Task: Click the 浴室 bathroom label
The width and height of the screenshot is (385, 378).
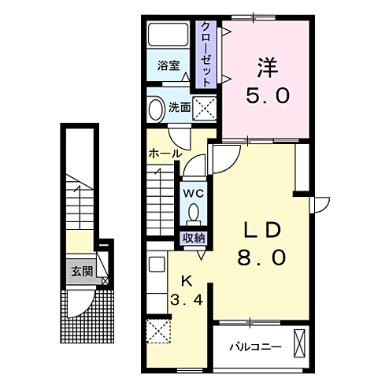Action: pyautogui.click(x=168, y=65)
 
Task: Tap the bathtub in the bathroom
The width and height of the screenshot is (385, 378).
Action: pyautogui.click(x=168, y=35)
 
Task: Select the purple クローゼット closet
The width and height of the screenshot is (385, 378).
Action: pyautogui.click(x=206, y=54)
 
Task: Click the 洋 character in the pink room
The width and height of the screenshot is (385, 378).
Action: pyautogui.click(x=268, y=67)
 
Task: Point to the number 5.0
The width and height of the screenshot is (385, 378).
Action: pyautogui.click(x=268, y=95)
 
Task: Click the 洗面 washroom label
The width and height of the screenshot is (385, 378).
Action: pyautogui.click(x=180, y=107)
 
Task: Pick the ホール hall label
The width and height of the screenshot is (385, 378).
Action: pyautogui.click(x=165, y=154)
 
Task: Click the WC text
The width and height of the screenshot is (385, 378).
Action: pyautogui.click(x=194, y=194)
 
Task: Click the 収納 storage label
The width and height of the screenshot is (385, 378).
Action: pyautogui.click(x=194, y=238)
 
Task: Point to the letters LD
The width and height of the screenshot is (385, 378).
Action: pyautogui.click(x=262, y=230)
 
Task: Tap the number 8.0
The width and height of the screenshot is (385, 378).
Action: pyautogui.click(x=261, y=258)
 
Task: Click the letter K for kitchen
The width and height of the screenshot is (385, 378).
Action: pyautogui.click(x=187, y=281)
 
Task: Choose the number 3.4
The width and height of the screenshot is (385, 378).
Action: pyautogui.click(x=187, y=299)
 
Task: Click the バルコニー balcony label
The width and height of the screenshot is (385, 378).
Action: pyautogui.click(x=255, y=347)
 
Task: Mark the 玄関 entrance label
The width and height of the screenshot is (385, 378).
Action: pyautogui.click(x=83, y=272)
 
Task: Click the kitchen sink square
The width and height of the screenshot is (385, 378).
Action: pyautogui.click(x=157, y=265)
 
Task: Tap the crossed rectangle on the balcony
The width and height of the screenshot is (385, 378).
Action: pyautogui.click(x=299, y=343)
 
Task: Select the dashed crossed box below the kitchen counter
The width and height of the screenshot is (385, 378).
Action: pyautogui.click(x=158, y=332)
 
